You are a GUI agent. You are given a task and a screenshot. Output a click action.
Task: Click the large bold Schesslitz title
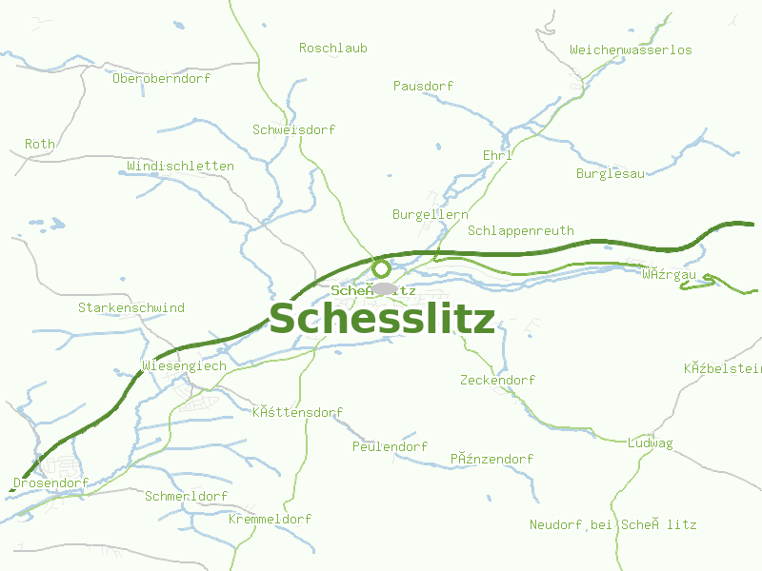click(x=382, y=320)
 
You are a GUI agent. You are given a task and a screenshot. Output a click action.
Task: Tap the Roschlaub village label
click(x=332, y=48)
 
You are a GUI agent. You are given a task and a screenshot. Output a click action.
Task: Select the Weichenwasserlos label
click(x=631, y=49)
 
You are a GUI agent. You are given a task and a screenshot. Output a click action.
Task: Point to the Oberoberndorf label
click(x=161, y=78)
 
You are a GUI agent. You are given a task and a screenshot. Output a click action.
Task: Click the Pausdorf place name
click(x=423, y=86)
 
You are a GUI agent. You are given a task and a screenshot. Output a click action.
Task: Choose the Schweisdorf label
click(x=293, y=129)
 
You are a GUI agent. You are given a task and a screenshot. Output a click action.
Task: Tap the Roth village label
click(x=40, y=144)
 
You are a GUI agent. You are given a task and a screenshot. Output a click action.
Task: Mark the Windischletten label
click(x=180, y=166)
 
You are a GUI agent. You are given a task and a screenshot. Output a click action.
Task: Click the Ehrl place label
click(x=497, y=155)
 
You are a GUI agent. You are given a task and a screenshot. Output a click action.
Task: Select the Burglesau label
click(x=610, y=173)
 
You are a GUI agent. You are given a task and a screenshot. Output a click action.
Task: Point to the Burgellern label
click(x=430, y=215)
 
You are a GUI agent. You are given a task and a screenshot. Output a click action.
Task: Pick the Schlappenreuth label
click(x=521, y=230)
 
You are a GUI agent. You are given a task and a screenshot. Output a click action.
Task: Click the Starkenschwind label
click(x=131, y=308)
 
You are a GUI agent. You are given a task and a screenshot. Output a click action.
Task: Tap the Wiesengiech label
click(x=184, y=365)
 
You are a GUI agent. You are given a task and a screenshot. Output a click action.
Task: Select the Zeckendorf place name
click(x=497, y=380)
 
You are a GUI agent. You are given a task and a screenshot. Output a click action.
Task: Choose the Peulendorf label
click(x=390, y=446)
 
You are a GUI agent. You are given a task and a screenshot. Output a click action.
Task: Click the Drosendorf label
click(x=50, y=482)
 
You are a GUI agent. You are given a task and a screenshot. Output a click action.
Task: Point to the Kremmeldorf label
click(x=270, y=520)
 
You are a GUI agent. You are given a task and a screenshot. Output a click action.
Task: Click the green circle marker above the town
click(x=381, y=267)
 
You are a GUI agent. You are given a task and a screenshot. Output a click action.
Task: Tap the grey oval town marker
click(x=385, y=288)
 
